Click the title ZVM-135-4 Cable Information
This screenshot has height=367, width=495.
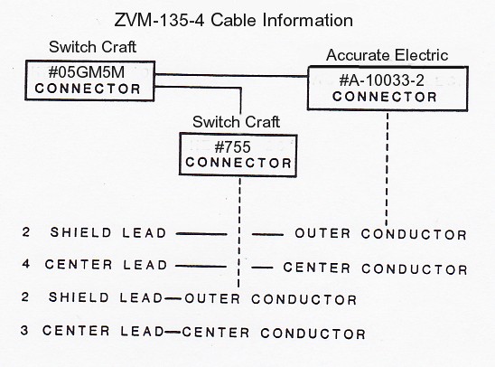[233, 20]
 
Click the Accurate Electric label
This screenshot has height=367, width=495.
[387, 55]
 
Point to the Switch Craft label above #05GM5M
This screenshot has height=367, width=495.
[92, 47]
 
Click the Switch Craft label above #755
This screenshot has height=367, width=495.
[236, 122]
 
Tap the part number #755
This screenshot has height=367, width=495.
[232, 146]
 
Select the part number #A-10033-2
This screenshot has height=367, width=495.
[382, 80]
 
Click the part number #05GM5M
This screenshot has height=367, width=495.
[87, 72]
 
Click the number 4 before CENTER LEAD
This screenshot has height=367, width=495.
[26, 263]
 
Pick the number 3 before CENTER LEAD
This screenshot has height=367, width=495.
[24, 330]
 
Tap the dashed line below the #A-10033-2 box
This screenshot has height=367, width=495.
[387, 169]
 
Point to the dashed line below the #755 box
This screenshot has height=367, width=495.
[239, 232]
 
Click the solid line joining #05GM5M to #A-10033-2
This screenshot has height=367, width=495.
[231, 76]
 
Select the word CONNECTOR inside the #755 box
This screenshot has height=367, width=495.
[238, 163]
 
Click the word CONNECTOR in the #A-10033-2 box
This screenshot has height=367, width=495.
[385, 97]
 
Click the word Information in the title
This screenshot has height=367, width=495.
[308, 20]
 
